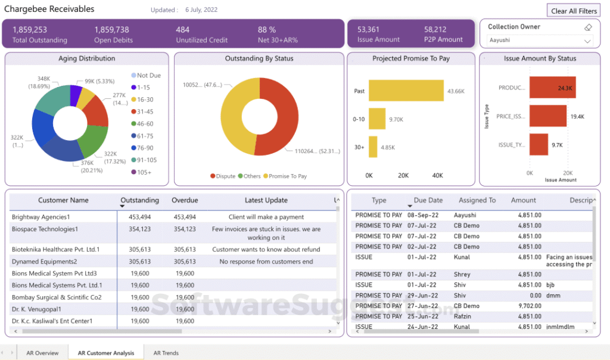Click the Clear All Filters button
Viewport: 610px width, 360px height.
574,11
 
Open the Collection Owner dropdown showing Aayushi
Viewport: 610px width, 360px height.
540,41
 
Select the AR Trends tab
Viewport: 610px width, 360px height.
166,353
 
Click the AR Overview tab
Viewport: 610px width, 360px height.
42,353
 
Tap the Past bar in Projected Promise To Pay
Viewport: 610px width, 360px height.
406,91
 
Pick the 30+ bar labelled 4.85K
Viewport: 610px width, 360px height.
373,147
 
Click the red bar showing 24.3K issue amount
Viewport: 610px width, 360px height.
552,88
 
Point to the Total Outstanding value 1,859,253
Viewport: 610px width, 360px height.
30,29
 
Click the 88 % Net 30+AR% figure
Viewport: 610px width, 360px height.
266,29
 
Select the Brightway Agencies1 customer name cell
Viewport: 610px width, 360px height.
41,217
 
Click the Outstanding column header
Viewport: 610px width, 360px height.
140,200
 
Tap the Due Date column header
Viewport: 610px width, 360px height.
428,200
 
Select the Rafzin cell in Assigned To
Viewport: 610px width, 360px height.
463,316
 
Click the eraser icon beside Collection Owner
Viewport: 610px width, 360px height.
587,27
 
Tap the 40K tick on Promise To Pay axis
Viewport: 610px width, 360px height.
437,175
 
